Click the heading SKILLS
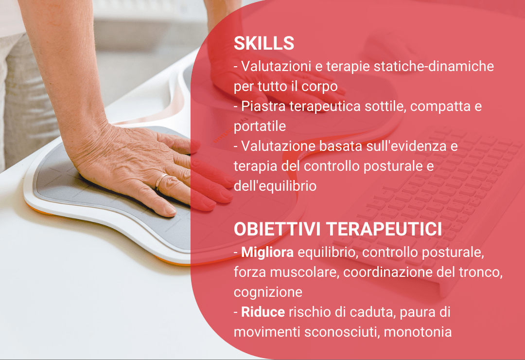264,44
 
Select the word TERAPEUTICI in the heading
384,229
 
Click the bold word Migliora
267,252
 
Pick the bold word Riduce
263,312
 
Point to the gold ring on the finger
160,180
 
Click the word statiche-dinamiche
434,66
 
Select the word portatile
260,126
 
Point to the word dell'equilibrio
275,186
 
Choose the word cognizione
268,292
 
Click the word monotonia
418,332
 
